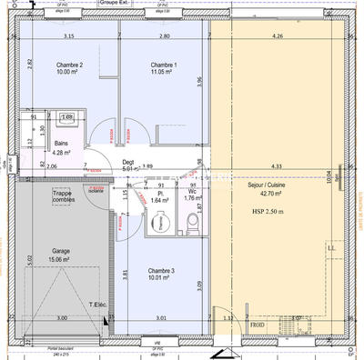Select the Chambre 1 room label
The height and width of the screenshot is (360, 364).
point(164,65)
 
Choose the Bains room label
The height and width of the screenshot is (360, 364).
point(62,144)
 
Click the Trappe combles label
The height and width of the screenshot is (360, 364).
point(62,195)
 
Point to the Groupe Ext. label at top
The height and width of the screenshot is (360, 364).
point(140,4)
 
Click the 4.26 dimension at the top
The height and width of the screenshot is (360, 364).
point(278,36)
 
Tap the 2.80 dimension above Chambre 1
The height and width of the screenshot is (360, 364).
point(164,36)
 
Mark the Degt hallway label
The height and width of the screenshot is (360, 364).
point(128,161)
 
